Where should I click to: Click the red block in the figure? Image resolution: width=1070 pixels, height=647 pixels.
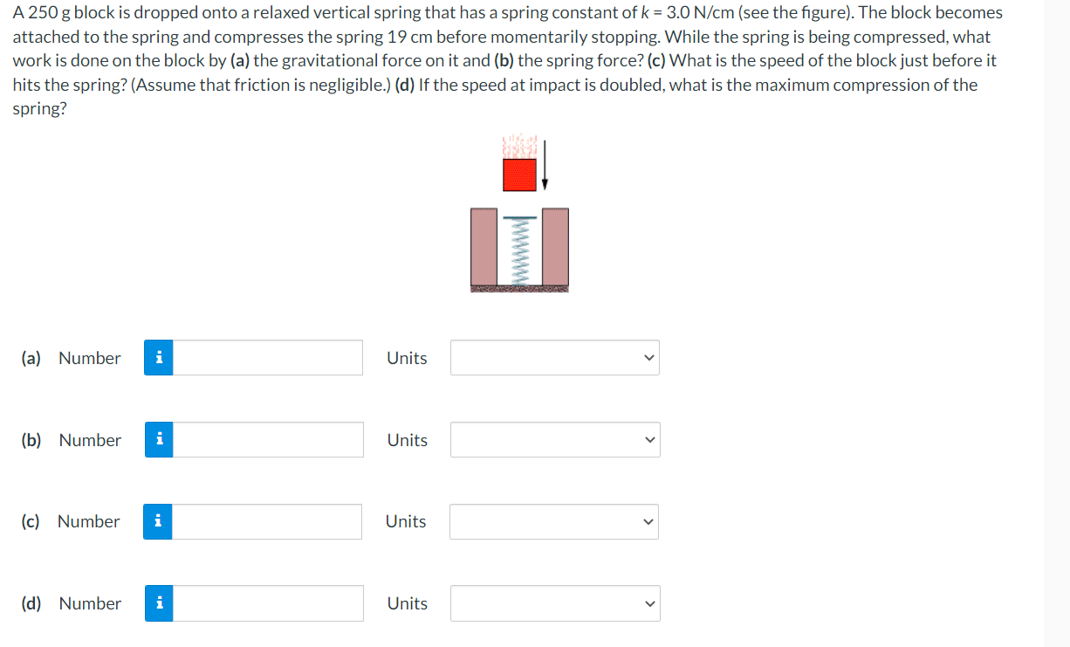519,174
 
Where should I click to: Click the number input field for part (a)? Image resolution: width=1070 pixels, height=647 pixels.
267,358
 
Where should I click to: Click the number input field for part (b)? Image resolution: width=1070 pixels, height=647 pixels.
268,440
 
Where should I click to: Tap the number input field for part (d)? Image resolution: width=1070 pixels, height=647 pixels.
268,603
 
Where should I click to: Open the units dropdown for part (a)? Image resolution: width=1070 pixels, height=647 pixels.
554,358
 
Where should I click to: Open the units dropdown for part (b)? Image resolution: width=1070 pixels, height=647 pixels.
555,440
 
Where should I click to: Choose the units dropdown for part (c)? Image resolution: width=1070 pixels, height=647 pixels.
553,521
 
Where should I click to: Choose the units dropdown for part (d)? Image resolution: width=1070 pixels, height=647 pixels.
555,603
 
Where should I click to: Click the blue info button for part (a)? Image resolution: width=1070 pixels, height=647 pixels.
158,358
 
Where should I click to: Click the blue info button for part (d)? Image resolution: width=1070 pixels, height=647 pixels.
159,603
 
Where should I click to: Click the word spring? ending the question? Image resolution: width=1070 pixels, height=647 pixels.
39,109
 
